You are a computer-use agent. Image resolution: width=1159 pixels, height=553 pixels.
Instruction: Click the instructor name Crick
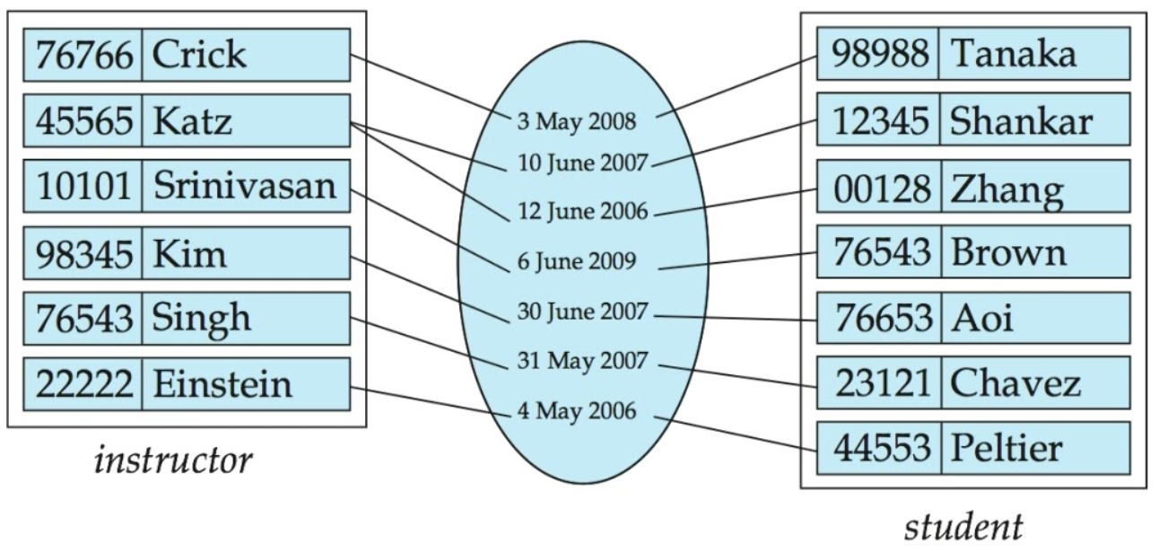198,55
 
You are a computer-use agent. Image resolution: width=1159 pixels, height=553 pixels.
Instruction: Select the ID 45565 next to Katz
84,120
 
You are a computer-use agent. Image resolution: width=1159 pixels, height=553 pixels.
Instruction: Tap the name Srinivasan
244,186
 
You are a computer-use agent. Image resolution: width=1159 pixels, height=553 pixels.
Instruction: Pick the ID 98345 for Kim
84,253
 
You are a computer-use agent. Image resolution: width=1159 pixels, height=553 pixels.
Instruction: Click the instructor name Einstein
222,384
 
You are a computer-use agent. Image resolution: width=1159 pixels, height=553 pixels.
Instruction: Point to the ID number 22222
84,384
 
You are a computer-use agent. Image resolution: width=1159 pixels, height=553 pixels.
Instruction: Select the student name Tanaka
1013,55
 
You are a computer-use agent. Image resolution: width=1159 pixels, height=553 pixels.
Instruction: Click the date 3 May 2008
576,121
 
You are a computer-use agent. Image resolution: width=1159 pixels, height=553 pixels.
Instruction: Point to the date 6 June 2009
577,263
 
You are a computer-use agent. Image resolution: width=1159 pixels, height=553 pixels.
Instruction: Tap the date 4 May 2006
576,412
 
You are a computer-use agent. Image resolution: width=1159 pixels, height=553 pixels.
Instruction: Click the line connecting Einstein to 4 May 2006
431,400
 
